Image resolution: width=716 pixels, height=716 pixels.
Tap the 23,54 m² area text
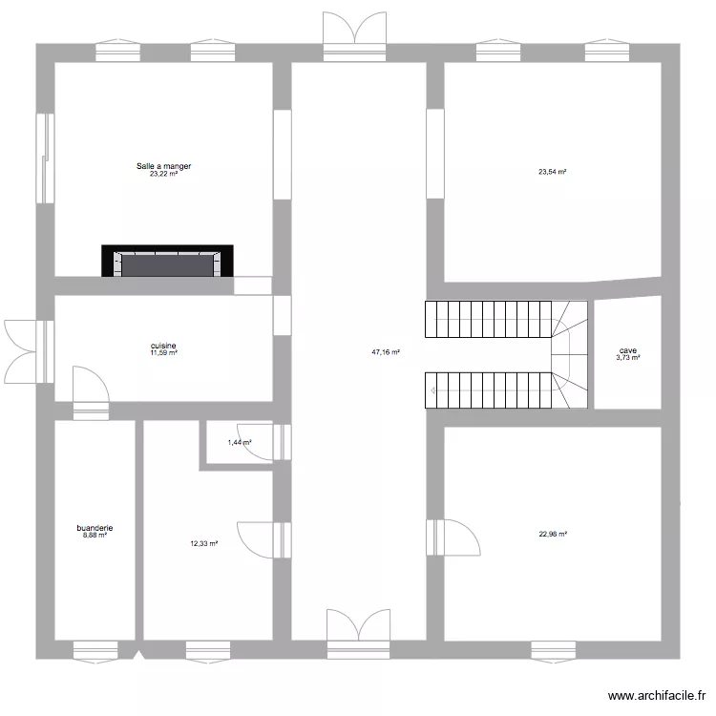552,173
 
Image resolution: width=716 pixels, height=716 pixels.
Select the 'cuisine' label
163,346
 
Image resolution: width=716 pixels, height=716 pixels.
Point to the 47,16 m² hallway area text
385,352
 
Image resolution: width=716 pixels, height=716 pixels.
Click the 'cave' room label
627,350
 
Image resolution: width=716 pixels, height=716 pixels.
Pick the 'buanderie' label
95,527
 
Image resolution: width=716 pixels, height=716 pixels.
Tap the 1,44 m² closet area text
239,443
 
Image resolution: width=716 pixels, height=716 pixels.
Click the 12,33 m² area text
203,544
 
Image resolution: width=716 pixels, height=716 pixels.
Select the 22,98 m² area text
553,535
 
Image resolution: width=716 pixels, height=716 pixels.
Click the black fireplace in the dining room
168,262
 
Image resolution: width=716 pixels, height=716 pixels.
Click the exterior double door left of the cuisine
23,348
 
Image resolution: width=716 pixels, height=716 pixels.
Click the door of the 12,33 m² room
258,539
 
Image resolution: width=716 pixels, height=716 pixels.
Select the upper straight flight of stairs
489,320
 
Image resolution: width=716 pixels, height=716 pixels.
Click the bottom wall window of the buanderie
95,650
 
